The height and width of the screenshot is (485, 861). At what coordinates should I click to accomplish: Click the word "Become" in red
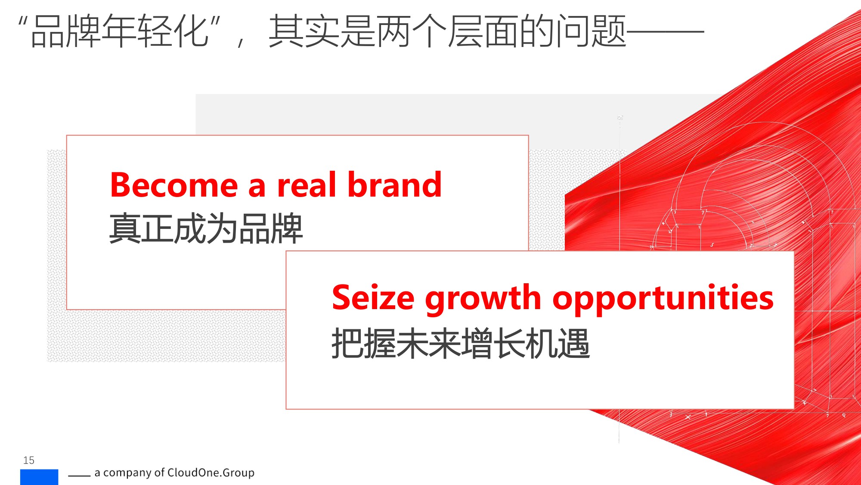point(173,185)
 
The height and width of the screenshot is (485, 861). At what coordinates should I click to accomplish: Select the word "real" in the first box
point(306,185)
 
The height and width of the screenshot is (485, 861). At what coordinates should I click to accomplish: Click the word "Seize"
point(373,298)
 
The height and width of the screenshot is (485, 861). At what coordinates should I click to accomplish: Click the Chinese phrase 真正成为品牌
point(206,228)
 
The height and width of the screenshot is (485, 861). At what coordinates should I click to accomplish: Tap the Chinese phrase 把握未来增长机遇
point(460,344)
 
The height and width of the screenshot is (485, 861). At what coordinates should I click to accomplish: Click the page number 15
point(29,460)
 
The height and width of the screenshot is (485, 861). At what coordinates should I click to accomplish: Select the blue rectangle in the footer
point(39,477)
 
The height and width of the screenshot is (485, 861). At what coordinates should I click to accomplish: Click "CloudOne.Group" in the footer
point(211,473)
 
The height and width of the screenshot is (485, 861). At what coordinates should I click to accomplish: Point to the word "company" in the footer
point(127,473)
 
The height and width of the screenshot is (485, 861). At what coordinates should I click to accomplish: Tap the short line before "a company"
point(79,476)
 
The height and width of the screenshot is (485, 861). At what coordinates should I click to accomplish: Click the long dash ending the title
point(665,32)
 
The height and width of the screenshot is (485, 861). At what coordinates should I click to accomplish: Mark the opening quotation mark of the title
point(23,22)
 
